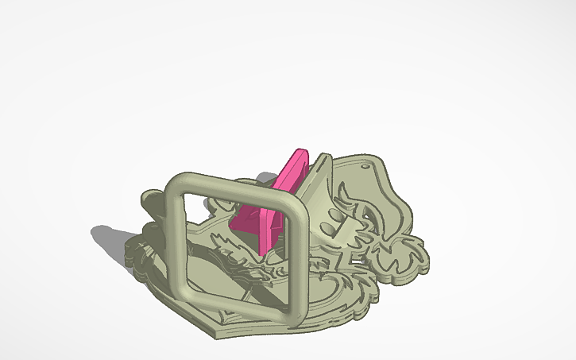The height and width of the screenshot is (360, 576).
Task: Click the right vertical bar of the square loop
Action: point(296,253)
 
